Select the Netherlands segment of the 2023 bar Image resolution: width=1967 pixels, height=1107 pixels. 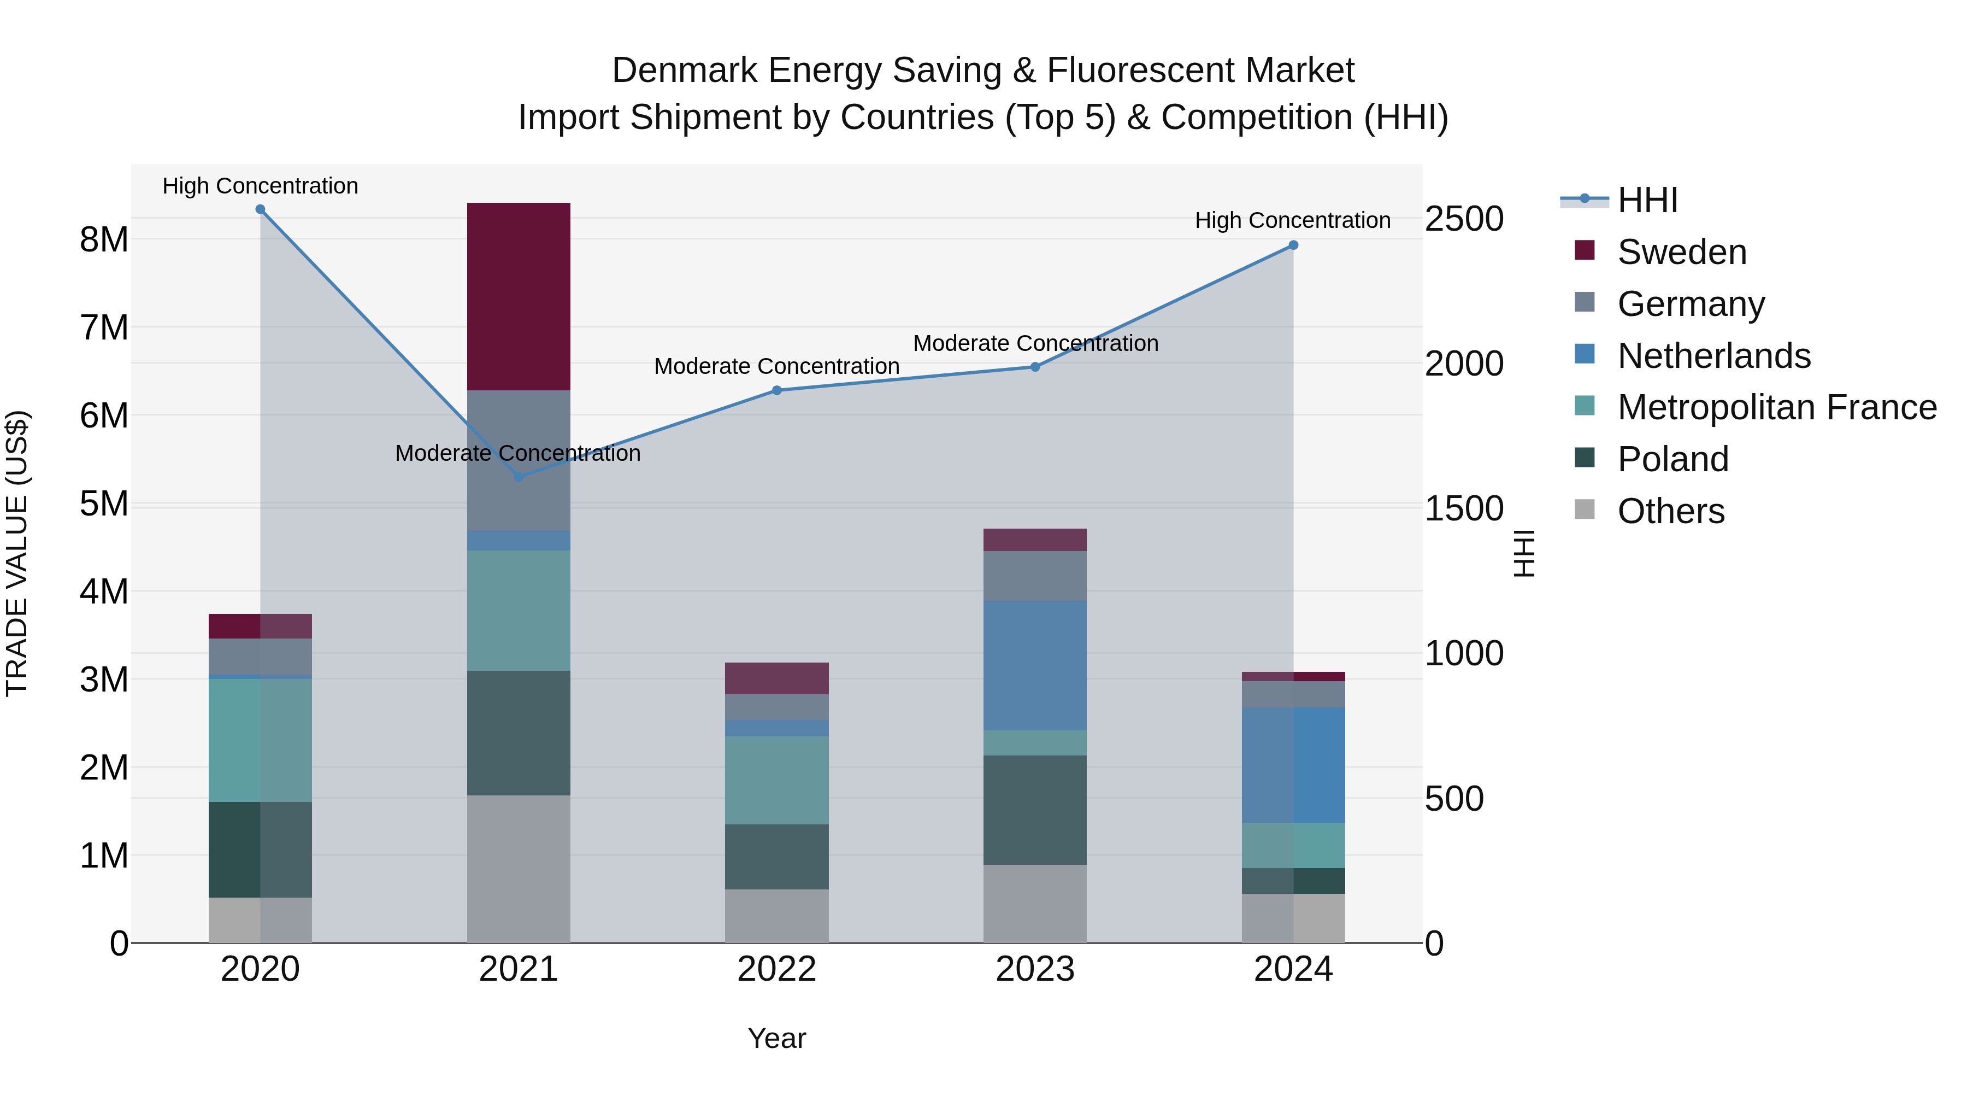tap(1035, 665)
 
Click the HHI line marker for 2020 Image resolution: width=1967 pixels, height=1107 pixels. tap(261, 209)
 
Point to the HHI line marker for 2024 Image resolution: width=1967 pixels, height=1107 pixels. tap(1293, 245)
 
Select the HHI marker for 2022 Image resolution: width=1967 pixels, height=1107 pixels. tap(776, 390)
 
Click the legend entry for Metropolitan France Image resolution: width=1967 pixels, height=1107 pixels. tap(1776, 407)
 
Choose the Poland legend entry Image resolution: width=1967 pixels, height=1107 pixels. tap(1672, 459)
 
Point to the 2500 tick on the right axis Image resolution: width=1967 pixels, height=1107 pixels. tap(1464, 219)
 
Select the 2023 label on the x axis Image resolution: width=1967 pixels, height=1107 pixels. tap(1035, 969)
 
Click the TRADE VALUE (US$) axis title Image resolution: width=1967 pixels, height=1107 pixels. tap(17, 553)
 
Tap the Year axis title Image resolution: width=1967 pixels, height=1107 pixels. tap(776, 1038)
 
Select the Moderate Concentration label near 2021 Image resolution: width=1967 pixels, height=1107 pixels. tap(518, 453)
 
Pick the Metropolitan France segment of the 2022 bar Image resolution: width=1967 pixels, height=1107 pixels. tap(776, 780)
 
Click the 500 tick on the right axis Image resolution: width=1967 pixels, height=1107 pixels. tap(1454, 799)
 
